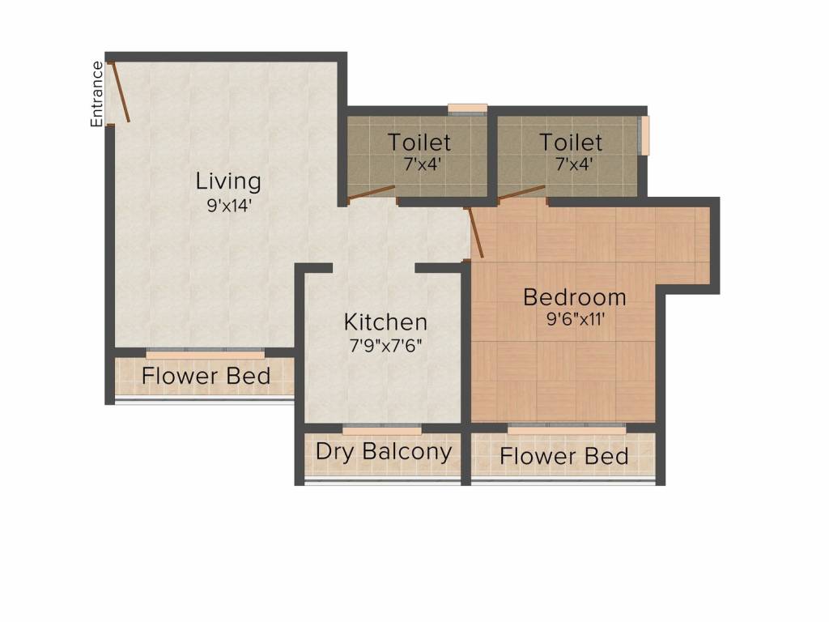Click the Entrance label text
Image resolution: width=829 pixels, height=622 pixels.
tap(97, 94)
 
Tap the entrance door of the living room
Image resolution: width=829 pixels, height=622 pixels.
tap(118, 92)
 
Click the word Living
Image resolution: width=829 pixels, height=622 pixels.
tap(228, 181)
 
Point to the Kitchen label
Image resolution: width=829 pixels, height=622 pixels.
tap(385, 322)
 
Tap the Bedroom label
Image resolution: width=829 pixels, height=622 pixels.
tap(575, 296)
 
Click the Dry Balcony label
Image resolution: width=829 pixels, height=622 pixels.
tap(384, 451)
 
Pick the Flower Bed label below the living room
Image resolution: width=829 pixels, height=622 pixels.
tap(206, 376)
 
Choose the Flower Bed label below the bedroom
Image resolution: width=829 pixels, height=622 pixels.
tap(564, 456)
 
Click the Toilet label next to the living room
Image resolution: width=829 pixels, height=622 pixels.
tap(419, 143)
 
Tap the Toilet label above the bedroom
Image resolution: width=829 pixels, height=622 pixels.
tap(572, 143)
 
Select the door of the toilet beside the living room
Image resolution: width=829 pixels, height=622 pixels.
tap(371, 193)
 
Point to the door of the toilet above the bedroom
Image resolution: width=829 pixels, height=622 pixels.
tap(521, 192)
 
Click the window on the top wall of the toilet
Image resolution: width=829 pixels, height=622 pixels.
tap(467, 109)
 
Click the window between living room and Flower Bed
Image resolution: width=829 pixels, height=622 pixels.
tap(206, 353)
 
